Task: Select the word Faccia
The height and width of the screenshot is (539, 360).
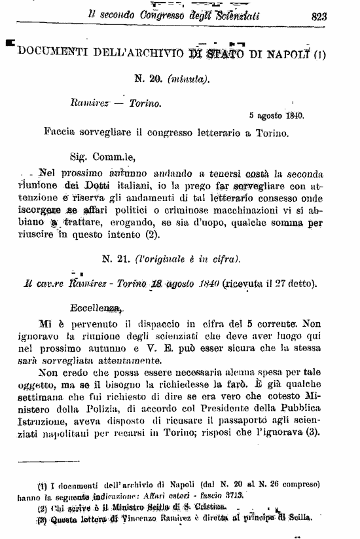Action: [62, 130]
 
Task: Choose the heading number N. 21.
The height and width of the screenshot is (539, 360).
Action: [117, 258]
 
